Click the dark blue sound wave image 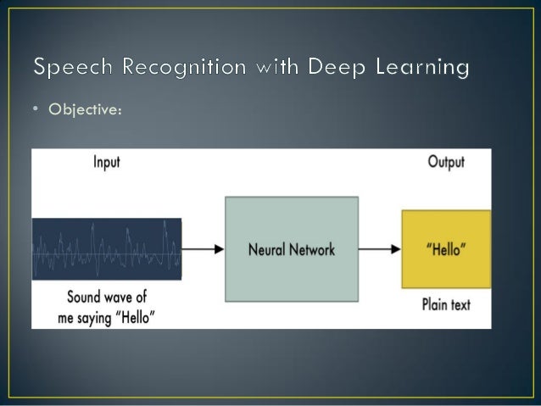(x=106, y=249)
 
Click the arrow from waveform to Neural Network (x=203, y=249)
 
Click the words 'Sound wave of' (x=106, y=298)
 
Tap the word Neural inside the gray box (x=268, y=249)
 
